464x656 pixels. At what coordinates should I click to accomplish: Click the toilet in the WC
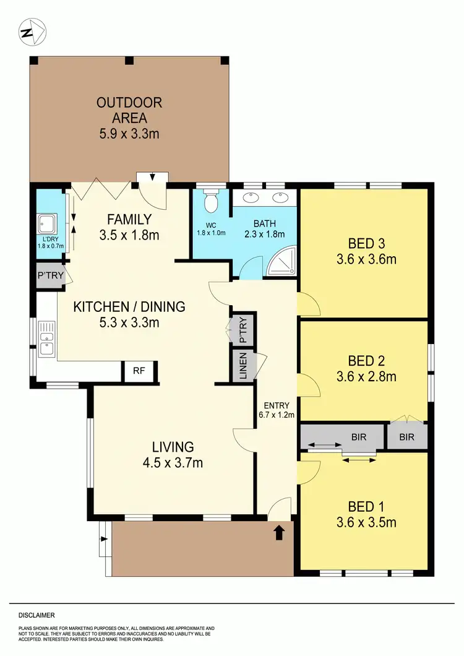click(211, 202)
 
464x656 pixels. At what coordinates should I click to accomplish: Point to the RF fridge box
click(139, 371)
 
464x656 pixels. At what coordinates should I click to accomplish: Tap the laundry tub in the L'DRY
click(47, 222)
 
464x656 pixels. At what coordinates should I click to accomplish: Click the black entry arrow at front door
click(279, 532)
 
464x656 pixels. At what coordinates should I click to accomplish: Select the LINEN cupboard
click(243, 366)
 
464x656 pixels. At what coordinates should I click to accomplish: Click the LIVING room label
click(173, 446)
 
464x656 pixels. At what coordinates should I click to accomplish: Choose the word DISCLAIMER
click(37, 615)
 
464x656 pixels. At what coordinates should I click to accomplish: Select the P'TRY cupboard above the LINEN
click(243, 330)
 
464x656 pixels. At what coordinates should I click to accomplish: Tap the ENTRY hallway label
click(275, 406)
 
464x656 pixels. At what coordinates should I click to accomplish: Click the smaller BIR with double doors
click(407, 437)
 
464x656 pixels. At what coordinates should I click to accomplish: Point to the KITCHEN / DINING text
click(129, 306)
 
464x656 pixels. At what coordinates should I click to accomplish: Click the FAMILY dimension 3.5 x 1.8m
click(129, 235)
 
